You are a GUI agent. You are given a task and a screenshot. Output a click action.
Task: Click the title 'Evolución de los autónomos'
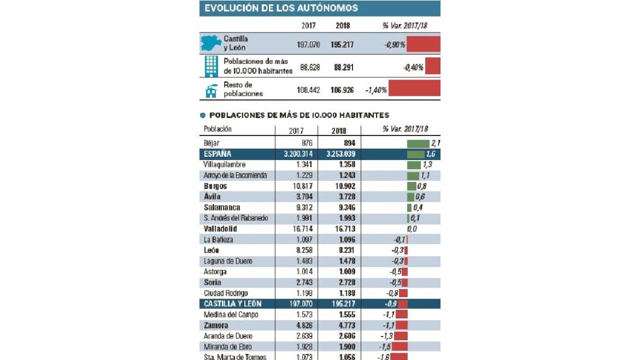[x=281, y=8]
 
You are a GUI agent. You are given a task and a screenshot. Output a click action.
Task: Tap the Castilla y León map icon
[x=211, y=43]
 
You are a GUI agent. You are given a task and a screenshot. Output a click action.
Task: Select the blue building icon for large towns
[x=211, y=66]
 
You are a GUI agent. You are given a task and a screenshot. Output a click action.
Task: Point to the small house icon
[x=211, y=91]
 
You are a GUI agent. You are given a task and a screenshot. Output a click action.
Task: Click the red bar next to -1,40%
[x=414, y=88]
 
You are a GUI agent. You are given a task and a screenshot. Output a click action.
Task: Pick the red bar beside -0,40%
[x=433, y=66]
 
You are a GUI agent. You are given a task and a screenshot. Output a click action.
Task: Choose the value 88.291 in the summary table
[x=343, y=67]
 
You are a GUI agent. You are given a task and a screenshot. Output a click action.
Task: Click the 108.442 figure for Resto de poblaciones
[x=308, y=90]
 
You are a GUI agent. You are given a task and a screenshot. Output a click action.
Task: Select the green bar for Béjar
[x=418, y=143]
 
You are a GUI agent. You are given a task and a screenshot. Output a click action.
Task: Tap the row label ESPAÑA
[x=218, y=154]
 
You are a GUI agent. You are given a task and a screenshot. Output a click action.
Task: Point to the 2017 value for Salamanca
[x=305, y=207]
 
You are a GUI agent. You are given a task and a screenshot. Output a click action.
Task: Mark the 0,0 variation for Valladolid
[x=412, y=229]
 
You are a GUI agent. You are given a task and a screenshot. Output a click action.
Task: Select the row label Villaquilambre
[x=225, y=165]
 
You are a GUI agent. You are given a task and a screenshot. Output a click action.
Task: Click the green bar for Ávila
[x=410, y=197]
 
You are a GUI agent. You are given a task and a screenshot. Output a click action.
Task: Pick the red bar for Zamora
[x=402, y=325]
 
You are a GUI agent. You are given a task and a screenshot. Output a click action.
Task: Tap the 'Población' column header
[x=218, y=129]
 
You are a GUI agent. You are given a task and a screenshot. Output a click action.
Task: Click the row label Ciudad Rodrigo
[x=226, y=293]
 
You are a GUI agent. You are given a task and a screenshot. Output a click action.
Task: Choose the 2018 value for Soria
[x=347, y=283]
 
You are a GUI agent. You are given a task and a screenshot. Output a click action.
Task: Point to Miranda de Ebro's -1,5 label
[x=385, y=347]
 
